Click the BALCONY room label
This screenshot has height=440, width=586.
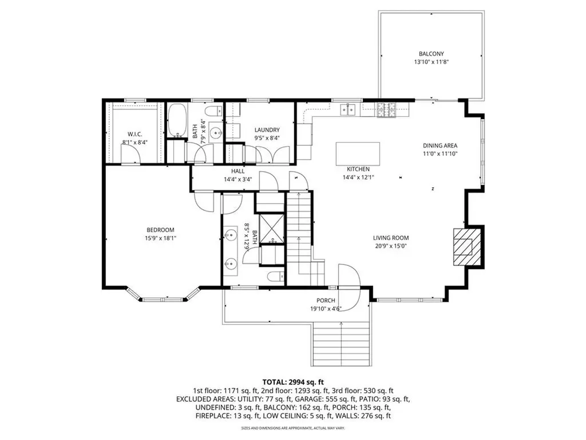[431, 53]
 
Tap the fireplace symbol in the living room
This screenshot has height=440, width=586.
[464, 247]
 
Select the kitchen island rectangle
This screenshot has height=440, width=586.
[358, 154]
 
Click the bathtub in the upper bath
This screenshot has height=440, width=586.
[177, 121]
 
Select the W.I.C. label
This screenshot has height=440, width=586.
[134, 134]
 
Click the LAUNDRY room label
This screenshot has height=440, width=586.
[267, 130]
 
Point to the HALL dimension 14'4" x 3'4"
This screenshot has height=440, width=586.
[238, 179]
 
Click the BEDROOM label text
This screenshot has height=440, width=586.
[160, 230]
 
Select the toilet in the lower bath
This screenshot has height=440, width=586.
[275, 277]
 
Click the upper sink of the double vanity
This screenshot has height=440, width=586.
[232, 235]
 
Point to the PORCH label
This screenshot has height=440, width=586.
[326, 301]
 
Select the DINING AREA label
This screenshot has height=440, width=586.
[439, 146]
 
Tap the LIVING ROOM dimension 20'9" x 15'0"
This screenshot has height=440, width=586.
[391, 246]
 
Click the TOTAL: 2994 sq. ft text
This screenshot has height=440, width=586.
[292, 381]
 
